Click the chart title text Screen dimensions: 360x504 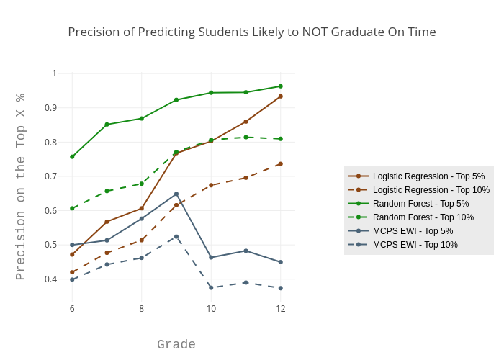click(x=252, y=32)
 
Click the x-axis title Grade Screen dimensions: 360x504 click(x=176, y=345)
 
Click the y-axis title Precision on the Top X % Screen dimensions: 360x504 click(x=21, y=186)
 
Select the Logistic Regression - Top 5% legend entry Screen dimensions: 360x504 click(x=428, y=176)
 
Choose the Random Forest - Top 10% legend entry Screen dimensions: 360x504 click(x=423, y=217)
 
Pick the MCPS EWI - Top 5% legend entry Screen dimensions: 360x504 click(x=413, y=231)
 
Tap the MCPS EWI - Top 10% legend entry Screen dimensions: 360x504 click(x=415, y=245)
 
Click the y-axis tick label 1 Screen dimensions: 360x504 click(x=54, y=73)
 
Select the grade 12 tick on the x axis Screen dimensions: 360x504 click(x=281, y=309)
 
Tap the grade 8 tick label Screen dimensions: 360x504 click(x=141, y=309)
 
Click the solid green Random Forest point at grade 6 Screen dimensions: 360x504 click(x=72, y=156)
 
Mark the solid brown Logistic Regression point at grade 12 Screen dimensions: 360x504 click(x=281, y=96)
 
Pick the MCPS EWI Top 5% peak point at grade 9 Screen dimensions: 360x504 click(x=176, y=194)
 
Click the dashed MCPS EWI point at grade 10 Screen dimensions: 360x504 click(x=211, y=287)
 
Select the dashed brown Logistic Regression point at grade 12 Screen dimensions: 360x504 click(x=281, y=163)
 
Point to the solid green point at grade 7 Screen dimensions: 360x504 click(x=107, y=125)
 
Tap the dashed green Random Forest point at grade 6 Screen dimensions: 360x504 click(x=72, y=208)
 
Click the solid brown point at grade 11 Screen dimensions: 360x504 click(x=246, y=122)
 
